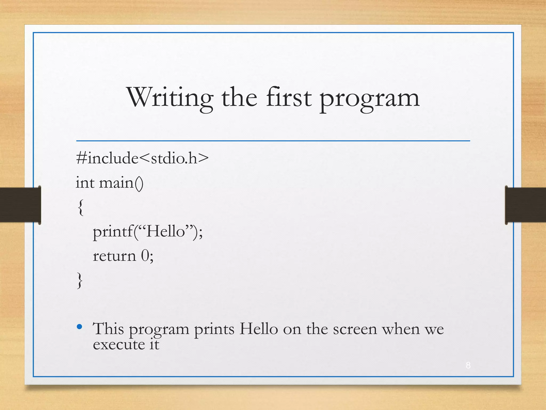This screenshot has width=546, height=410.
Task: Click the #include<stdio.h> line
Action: pos(142,158)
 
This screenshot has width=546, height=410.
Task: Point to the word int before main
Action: pos(85,183)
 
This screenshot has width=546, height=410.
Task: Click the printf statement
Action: pos(148,231)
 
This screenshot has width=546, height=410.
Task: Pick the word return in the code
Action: pos(114,256)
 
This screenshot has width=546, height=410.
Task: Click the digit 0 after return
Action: pos(145,256)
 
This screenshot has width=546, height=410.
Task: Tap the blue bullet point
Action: pos(79,326)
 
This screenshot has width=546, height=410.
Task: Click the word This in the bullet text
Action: pos(108,329)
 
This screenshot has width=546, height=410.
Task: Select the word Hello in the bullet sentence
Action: pos(258,329)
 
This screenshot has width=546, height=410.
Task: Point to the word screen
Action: pos(355,329)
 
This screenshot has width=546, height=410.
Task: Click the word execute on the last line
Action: pos(119,344)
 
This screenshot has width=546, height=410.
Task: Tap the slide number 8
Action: pos(468,365)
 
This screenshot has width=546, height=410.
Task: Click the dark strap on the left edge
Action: pos(20,205)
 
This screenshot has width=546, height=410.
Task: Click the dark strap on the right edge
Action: pos(525,205)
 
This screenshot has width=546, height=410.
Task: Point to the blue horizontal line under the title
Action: pos(273,141)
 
